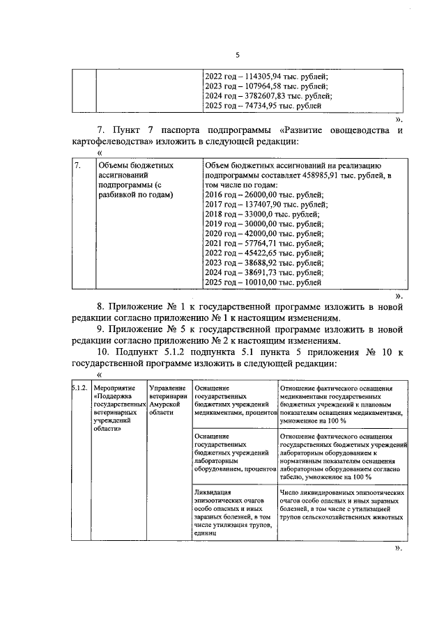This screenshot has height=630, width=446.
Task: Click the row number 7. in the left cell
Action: [x=79, y=166]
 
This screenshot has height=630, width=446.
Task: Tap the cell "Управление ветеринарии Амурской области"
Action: [x=167, y=400]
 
